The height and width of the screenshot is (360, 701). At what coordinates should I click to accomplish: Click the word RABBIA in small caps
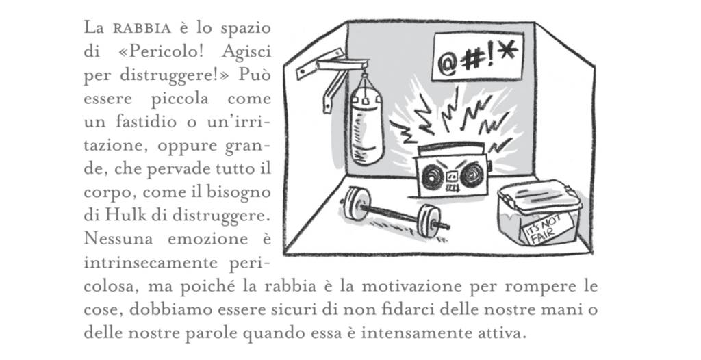click(x=142, y=29)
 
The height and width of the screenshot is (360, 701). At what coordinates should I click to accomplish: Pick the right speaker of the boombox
click(x=472, y=175)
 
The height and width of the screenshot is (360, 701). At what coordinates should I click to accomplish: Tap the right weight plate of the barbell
click(x=429, y=220)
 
